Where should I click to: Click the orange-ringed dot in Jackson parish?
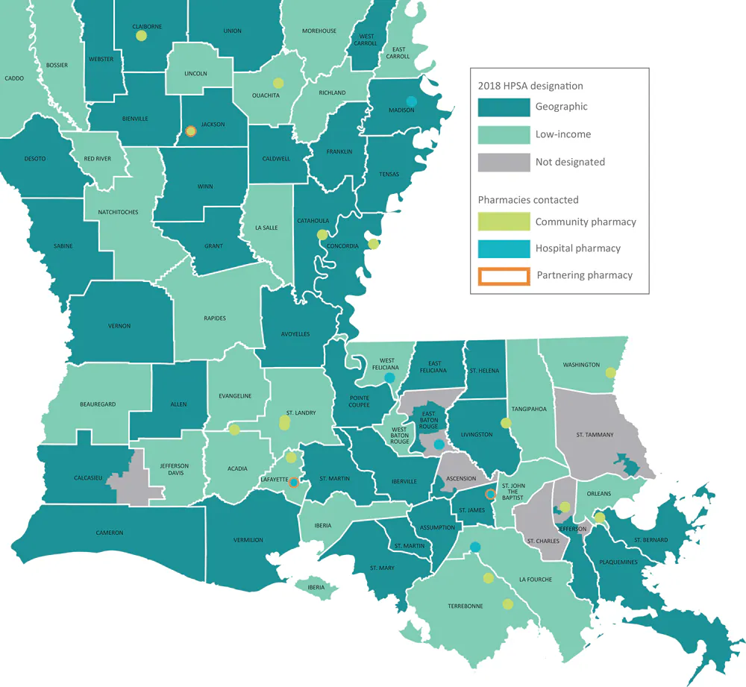click(190, 131)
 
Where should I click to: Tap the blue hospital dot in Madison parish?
click(410, 101)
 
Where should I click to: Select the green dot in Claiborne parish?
click(141, 35)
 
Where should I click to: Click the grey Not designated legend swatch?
click(504, 162)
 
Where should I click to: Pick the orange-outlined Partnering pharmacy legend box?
click(504, 275)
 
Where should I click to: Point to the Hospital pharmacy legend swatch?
click(504, 248)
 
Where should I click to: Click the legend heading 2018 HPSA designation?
click(530, 86)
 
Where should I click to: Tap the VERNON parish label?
click(119, 326)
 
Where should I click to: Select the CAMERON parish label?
click(109, 533)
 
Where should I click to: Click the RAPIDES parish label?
click(214, 319)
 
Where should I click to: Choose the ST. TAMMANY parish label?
click(595, 434)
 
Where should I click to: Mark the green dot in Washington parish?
click(611, 373)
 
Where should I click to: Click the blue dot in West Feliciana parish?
click(389, 378)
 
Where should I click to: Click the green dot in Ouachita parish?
click(278, 83)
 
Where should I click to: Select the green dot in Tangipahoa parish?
click(506, 423)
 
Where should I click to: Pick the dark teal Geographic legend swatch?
click(504, 107)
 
